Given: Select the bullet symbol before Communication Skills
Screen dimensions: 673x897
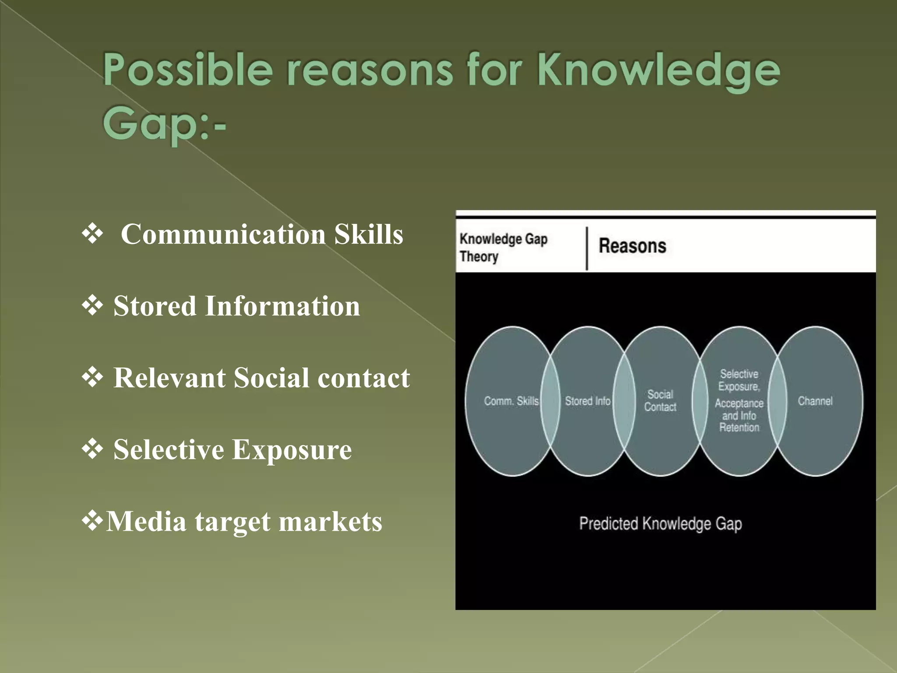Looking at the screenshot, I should tap(92, 233).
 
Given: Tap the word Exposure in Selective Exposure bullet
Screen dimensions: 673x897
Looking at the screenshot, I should tap(292, 450).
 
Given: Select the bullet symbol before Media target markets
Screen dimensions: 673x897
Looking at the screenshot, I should tap(92, 521).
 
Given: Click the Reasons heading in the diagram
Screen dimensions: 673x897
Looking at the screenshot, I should tap(632, 246).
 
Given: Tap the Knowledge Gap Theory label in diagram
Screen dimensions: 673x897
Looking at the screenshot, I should tap(503, 248).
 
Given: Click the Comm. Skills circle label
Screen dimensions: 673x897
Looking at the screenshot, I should tap(511, 401).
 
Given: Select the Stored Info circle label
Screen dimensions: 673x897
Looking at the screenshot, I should tap(587, 401).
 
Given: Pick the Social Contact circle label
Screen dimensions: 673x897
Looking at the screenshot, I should tap(660, 400).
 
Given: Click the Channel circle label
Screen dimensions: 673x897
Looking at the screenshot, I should tap(815, 401).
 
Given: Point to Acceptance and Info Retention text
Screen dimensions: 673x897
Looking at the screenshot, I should tap(739, 415).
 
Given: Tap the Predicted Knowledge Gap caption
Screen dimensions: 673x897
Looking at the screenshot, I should tap(660, 524).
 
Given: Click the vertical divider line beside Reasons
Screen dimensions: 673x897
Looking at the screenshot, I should tap(587, 248).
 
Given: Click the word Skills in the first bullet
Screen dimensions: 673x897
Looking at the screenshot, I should tap(368, 234).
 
